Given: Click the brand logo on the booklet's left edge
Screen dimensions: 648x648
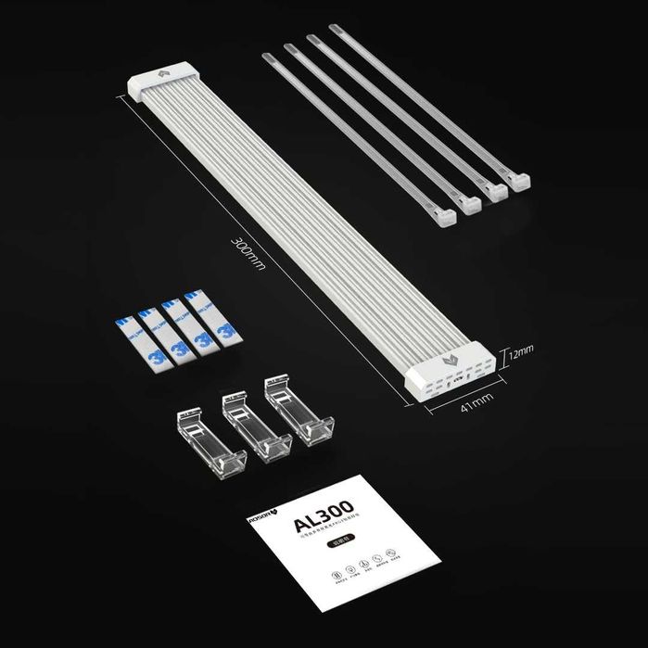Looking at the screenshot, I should (256, 531).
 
